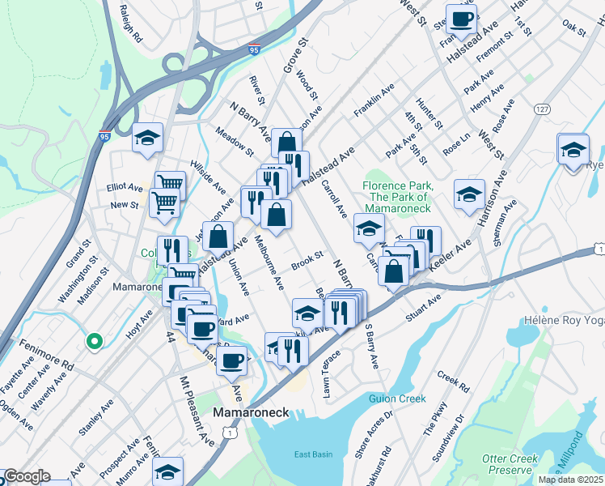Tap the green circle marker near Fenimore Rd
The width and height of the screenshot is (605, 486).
[94, 342]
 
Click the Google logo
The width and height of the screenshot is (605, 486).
[26, 476]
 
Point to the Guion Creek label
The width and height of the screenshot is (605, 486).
[396, 399]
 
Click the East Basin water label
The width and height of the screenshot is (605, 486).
[313, 454]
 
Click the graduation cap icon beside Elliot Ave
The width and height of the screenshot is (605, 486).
[148, 139]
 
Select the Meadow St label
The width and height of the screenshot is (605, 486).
[234, 141]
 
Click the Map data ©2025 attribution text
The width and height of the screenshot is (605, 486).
[570, 480]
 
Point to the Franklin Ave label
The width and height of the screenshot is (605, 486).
[374, 104]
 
